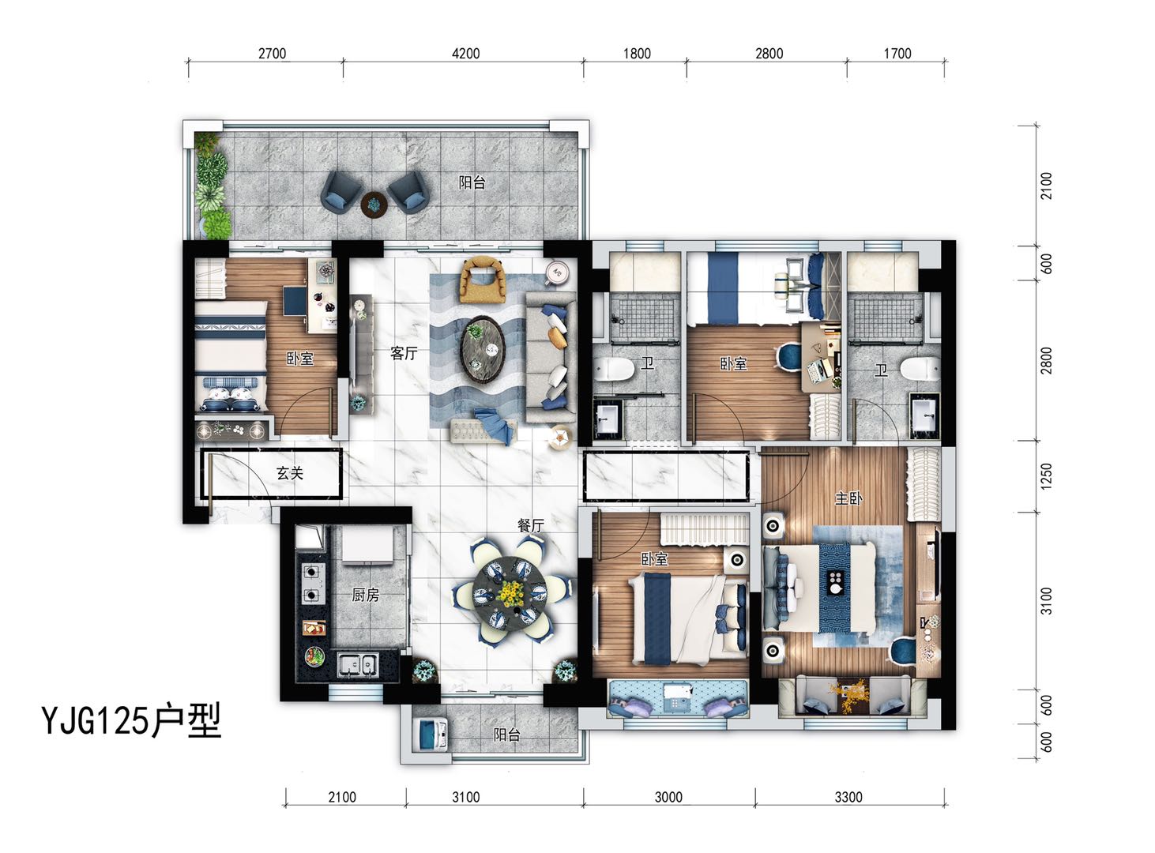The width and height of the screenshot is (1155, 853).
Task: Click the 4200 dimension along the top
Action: [x=465, y=54]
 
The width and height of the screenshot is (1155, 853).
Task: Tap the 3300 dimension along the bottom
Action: [x=848, y=797]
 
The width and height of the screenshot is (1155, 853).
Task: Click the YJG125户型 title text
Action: [x=131, y=720]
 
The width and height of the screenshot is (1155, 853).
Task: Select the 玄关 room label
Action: [x=289, y=473]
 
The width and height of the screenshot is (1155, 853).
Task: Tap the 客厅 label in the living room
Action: [x=404, y=354]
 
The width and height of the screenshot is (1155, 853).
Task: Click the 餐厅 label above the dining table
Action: [x=531, y=525]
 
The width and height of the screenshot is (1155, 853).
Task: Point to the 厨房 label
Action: [x=366, y=594]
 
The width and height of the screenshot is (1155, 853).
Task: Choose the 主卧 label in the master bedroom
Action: [x=848, y=498]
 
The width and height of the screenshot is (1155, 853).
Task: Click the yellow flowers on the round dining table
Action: [x=510, y=593]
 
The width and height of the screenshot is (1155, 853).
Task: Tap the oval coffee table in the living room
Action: [x=482, y=349]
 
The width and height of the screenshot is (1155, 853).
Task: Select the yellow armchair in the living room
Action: [x=483, y=279]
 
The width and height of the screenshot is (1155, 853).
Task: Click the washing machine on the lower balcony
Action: [x=434, y=735]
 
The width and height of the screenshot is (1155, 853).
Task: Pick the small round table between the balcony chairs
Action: [x=374, y=204]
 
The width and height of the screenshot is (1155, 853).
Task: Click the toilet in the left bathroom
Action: [x=615, y=369]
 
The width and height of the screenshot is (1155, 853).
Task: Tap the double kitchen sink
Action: [x=357, y=664]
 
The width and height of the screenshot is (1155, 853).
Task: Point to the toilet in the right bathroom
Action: [x=920, y=369]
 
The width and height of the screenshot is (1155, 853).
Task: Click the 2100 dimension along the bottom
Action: [x=342, y=797]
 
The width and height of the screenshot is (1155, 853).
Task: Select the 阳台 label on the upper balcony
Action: [x=472, y=182]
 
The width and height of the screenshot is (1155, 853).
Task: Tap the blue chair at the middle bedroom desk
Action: [x=789, y=356]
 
